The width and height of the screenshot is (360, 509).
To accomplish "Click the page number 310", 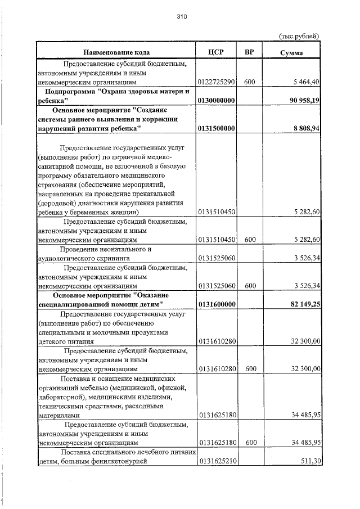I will coord(181,17).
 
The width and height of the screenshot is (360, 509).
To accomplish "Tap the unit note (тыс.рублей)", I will coord(299,36).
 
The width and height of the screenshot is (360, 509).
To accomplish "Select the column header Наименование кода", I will coord(116,52).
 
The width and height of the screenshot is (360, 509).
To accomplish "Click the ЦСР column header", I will coord(216,52).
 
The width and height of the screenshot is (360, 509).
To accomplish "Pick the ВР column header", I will coord(250,52).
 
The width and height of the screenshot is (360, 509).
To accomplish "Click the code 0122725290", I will coord(216,82).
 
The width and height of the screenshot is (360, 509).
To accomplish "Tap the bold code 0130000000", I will coord(216,100).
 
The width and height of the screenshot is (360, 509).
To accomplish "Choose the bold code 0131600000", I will coord(216,304).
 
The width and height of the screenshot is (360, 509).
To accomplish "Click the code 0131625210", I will coord(216,462).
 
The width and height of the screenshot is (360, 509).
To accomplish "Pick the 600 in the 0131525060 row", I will coord(250,285).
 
